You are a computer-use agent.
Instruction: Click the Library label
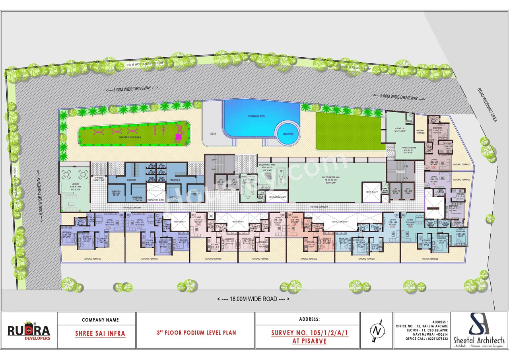(75, 185)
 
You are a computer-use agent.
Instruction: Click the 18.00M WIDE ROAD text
(254, 299)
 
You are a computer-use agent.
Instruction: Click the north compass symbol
(376, 331)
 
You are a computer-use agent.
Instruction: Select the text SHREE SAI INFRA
(100, 333)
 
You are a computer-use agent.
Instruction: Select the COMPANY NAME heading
(100, 319)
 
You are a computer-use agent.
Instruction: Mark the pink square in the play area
(178, 136)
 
